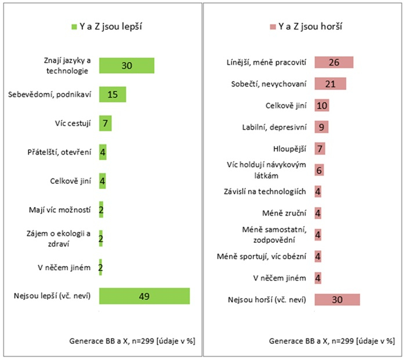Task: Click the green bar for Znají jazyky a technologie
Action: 126,66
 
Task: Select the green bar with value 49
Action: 144,296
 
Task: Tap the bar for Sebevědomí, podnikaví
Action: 113,94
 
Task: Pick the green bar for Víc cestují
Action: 105,123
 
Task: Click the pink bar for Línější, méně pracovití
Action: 333,62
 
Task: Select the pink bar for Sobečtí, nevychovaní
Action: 330,83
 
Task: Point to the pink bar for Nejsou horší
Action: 337,299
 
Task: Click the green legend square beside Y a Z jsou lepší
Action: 74,27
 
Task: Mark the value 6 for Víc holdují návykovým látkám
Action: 320,170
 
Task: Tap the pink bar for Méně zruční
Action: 318,213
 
